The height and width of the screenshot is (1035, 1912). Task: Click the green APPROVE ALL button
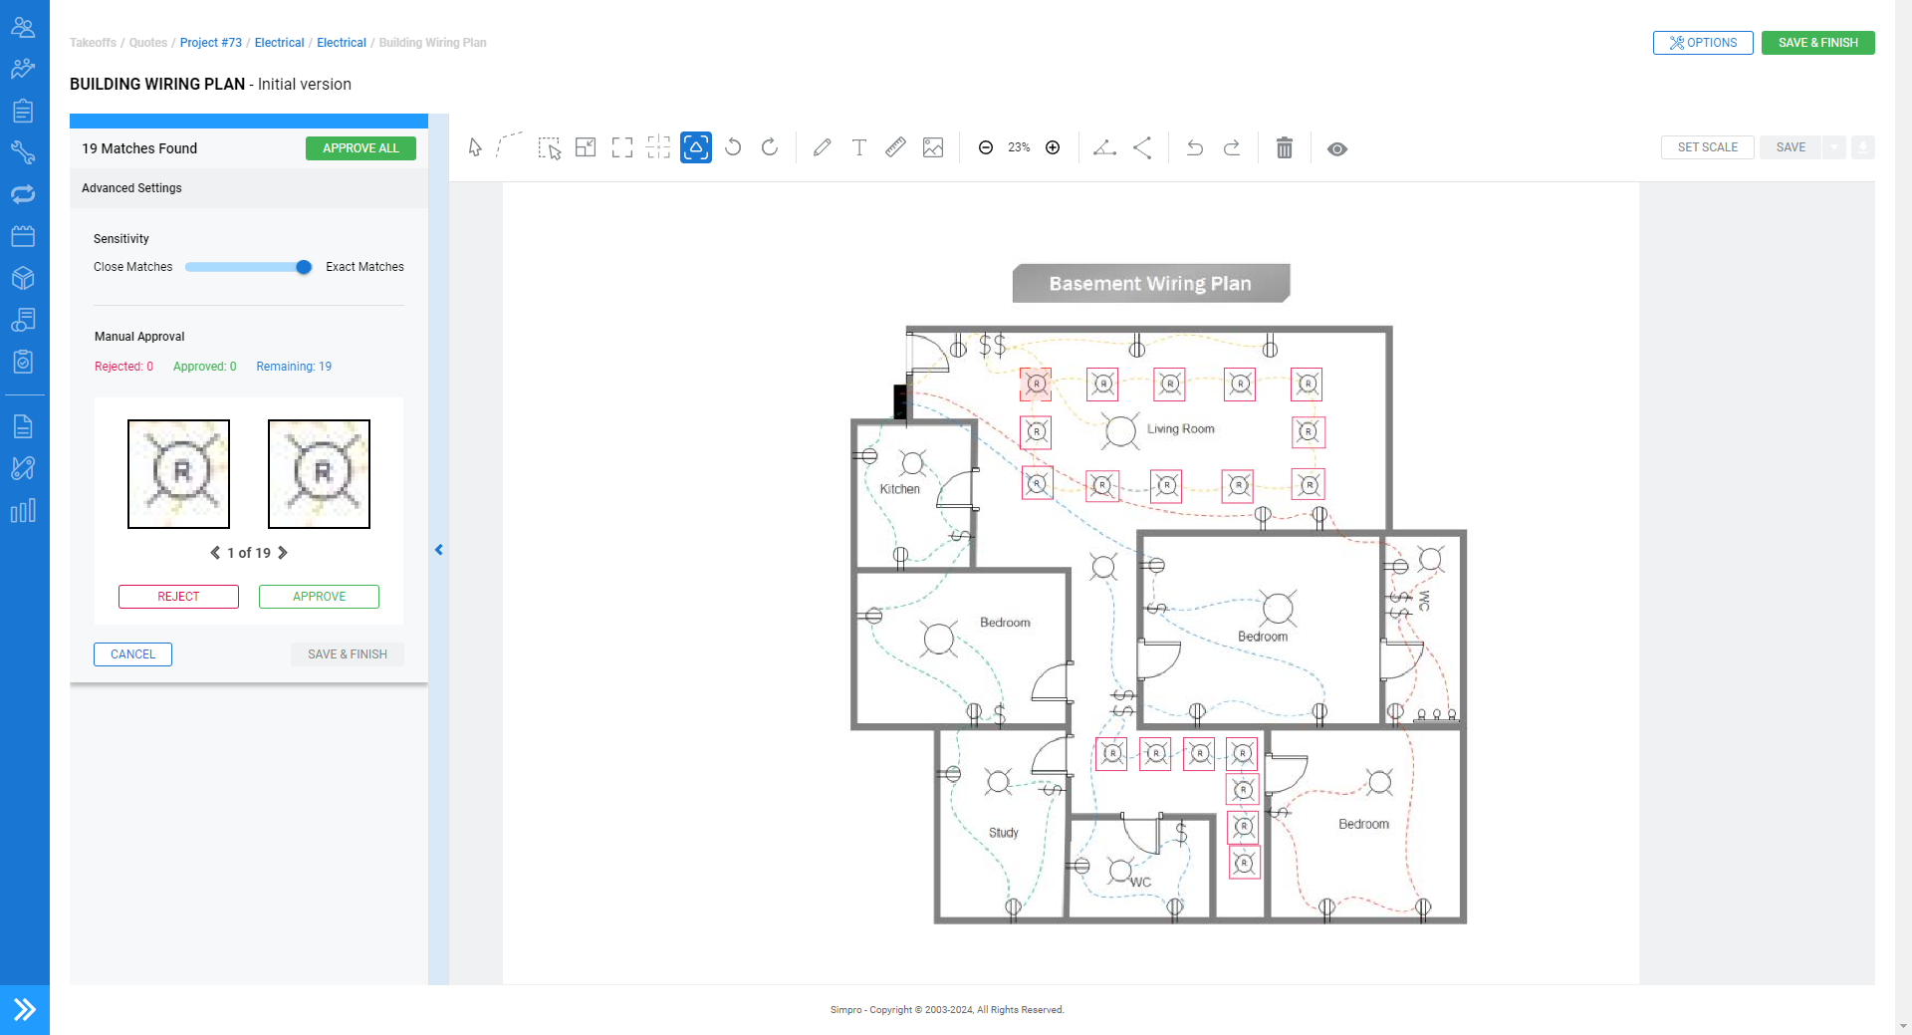tap(360, 148)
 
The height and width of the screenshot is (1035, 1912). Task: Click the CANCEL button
tap(132, 654)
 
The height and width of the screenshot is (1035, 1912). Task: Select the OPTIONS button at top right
tap(1703, 43)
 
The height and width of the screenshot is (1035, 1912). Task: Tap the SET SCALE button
tap(1708, 147)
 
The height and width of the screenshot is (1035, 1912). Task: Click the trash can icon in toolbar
tap(1285, 148)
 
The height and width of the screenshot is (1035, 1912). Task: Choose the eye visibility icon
tap(1337, 149)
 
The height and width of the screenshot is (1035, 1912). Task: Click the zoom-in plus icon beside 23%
tap(1053, 147)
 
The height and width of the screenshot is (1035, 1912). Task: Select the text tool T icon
tap(858, 147)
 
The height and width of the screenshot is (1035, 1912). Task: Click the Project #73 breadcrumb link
tap(211, 43)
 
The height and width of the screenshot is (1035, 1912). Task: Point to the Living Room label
tap(1180, 429)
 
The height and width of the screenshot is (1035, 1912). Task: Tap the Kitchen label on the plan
tap(899, 489)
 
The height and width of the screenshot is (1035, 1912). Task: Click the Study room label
tap(1003, 833)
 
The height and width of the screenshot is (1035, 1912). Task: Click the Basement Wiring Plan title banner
tap(1151, 284)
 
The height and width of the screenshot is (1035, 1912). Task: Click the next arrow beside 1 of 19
tap(283, 553)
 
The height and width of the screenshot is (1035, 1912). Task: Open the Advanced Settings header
tap(131, 188)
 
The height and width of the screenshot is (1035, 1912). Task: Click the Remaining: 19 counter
tap(294, 367)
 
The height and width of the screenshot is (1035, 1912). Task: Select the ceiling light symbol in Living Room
tap(1121, 430)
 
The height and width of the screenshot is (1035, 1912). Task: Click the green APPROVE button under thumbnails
tap(319, 597)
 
